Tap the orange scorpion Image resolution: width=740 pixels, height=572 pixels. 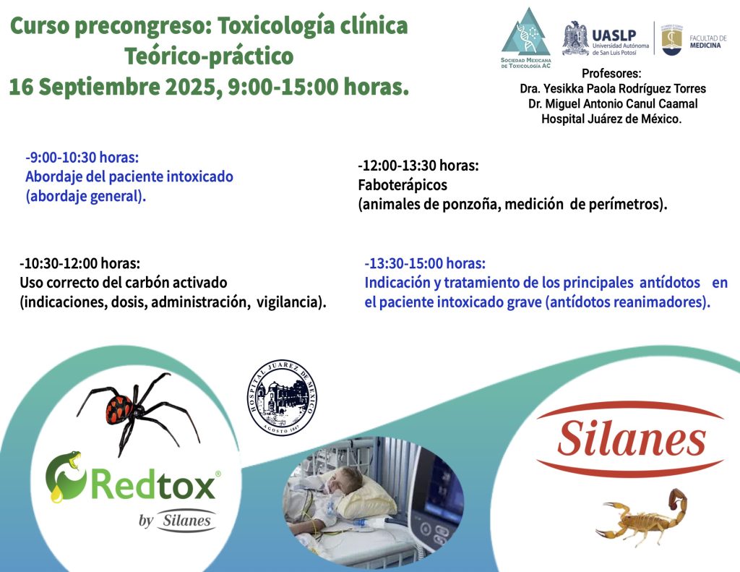(x=642, y=518)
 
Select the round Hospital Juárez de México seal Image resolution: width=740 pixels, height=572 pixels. (x=283, y=397)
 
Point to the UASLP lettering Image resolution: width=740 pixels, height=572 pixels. (x=614, y=35)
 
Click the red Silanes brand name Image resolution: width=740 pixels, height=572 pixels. (x=631, y=439)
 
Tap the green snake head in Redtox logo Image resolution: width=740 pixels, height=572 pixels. (x=71, y=460)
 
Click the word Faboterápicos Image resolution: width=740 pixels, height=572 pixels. (x=403, y=184)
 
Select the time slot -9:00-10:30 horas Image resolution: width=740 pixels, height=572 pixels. (x=82, y=158)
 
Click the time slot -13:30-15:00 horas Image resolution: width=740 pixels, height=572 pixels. (x=425, y=263)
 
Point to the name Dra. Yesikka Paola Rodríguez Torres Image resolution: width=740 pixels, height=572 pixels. (x=613, y=88)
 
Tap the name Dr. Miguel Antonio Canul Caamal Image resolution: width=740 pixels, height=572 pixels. (x=613, y=103)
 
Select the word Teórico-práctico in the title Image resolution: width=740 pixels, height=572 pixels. (x=209, y=56)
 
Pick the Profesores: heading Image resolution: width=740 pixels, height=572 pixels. (x=611, y=73)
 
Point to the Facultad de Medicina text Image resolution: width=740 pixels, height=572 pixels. (x=707, y=41)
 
